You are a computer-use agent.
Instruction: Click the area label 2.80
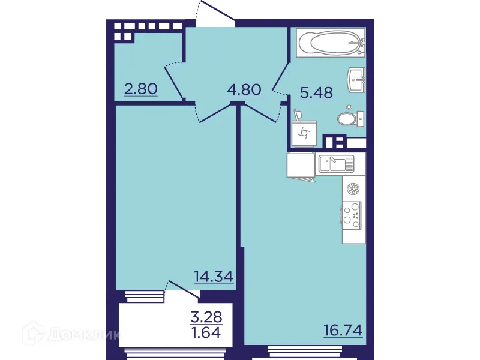coord(140,89)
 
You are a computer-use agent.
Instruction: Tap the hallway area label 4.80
coord(244,90)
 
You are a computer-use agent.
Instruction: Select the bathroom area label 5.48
coord(316,93)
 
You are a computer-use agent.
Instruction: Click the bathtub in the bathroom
coord(330,43)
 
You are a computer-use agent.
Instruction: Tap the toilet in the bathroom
coord(350,118)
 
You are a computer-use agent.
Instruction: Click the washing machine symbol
coord(304,133)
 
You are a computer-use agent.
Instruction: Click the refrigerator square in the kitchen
coord(301,165)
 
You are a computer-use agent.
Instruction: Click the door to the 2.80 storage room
coord(173,81)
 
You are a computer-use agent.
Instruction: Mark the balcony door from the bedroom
coord(184,289)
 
